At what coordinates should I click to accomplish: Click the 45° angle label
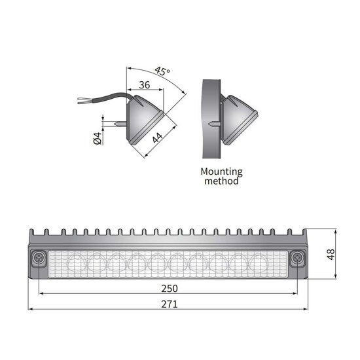tap(162, 71)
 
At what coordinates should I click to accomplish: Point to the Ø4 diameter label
tap(96, 138)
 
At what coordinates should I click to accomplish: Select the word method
tap(221, 181)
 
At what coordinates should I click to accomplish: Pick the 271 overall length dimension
tap(169, 304)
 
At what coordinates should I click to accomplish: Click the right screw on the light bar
tap(298, 259)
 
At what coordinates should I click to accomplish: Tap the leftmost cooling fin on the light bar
tap(33, 233)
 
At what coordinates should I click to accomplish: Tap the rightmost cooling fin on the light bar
tap(304, 233)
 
